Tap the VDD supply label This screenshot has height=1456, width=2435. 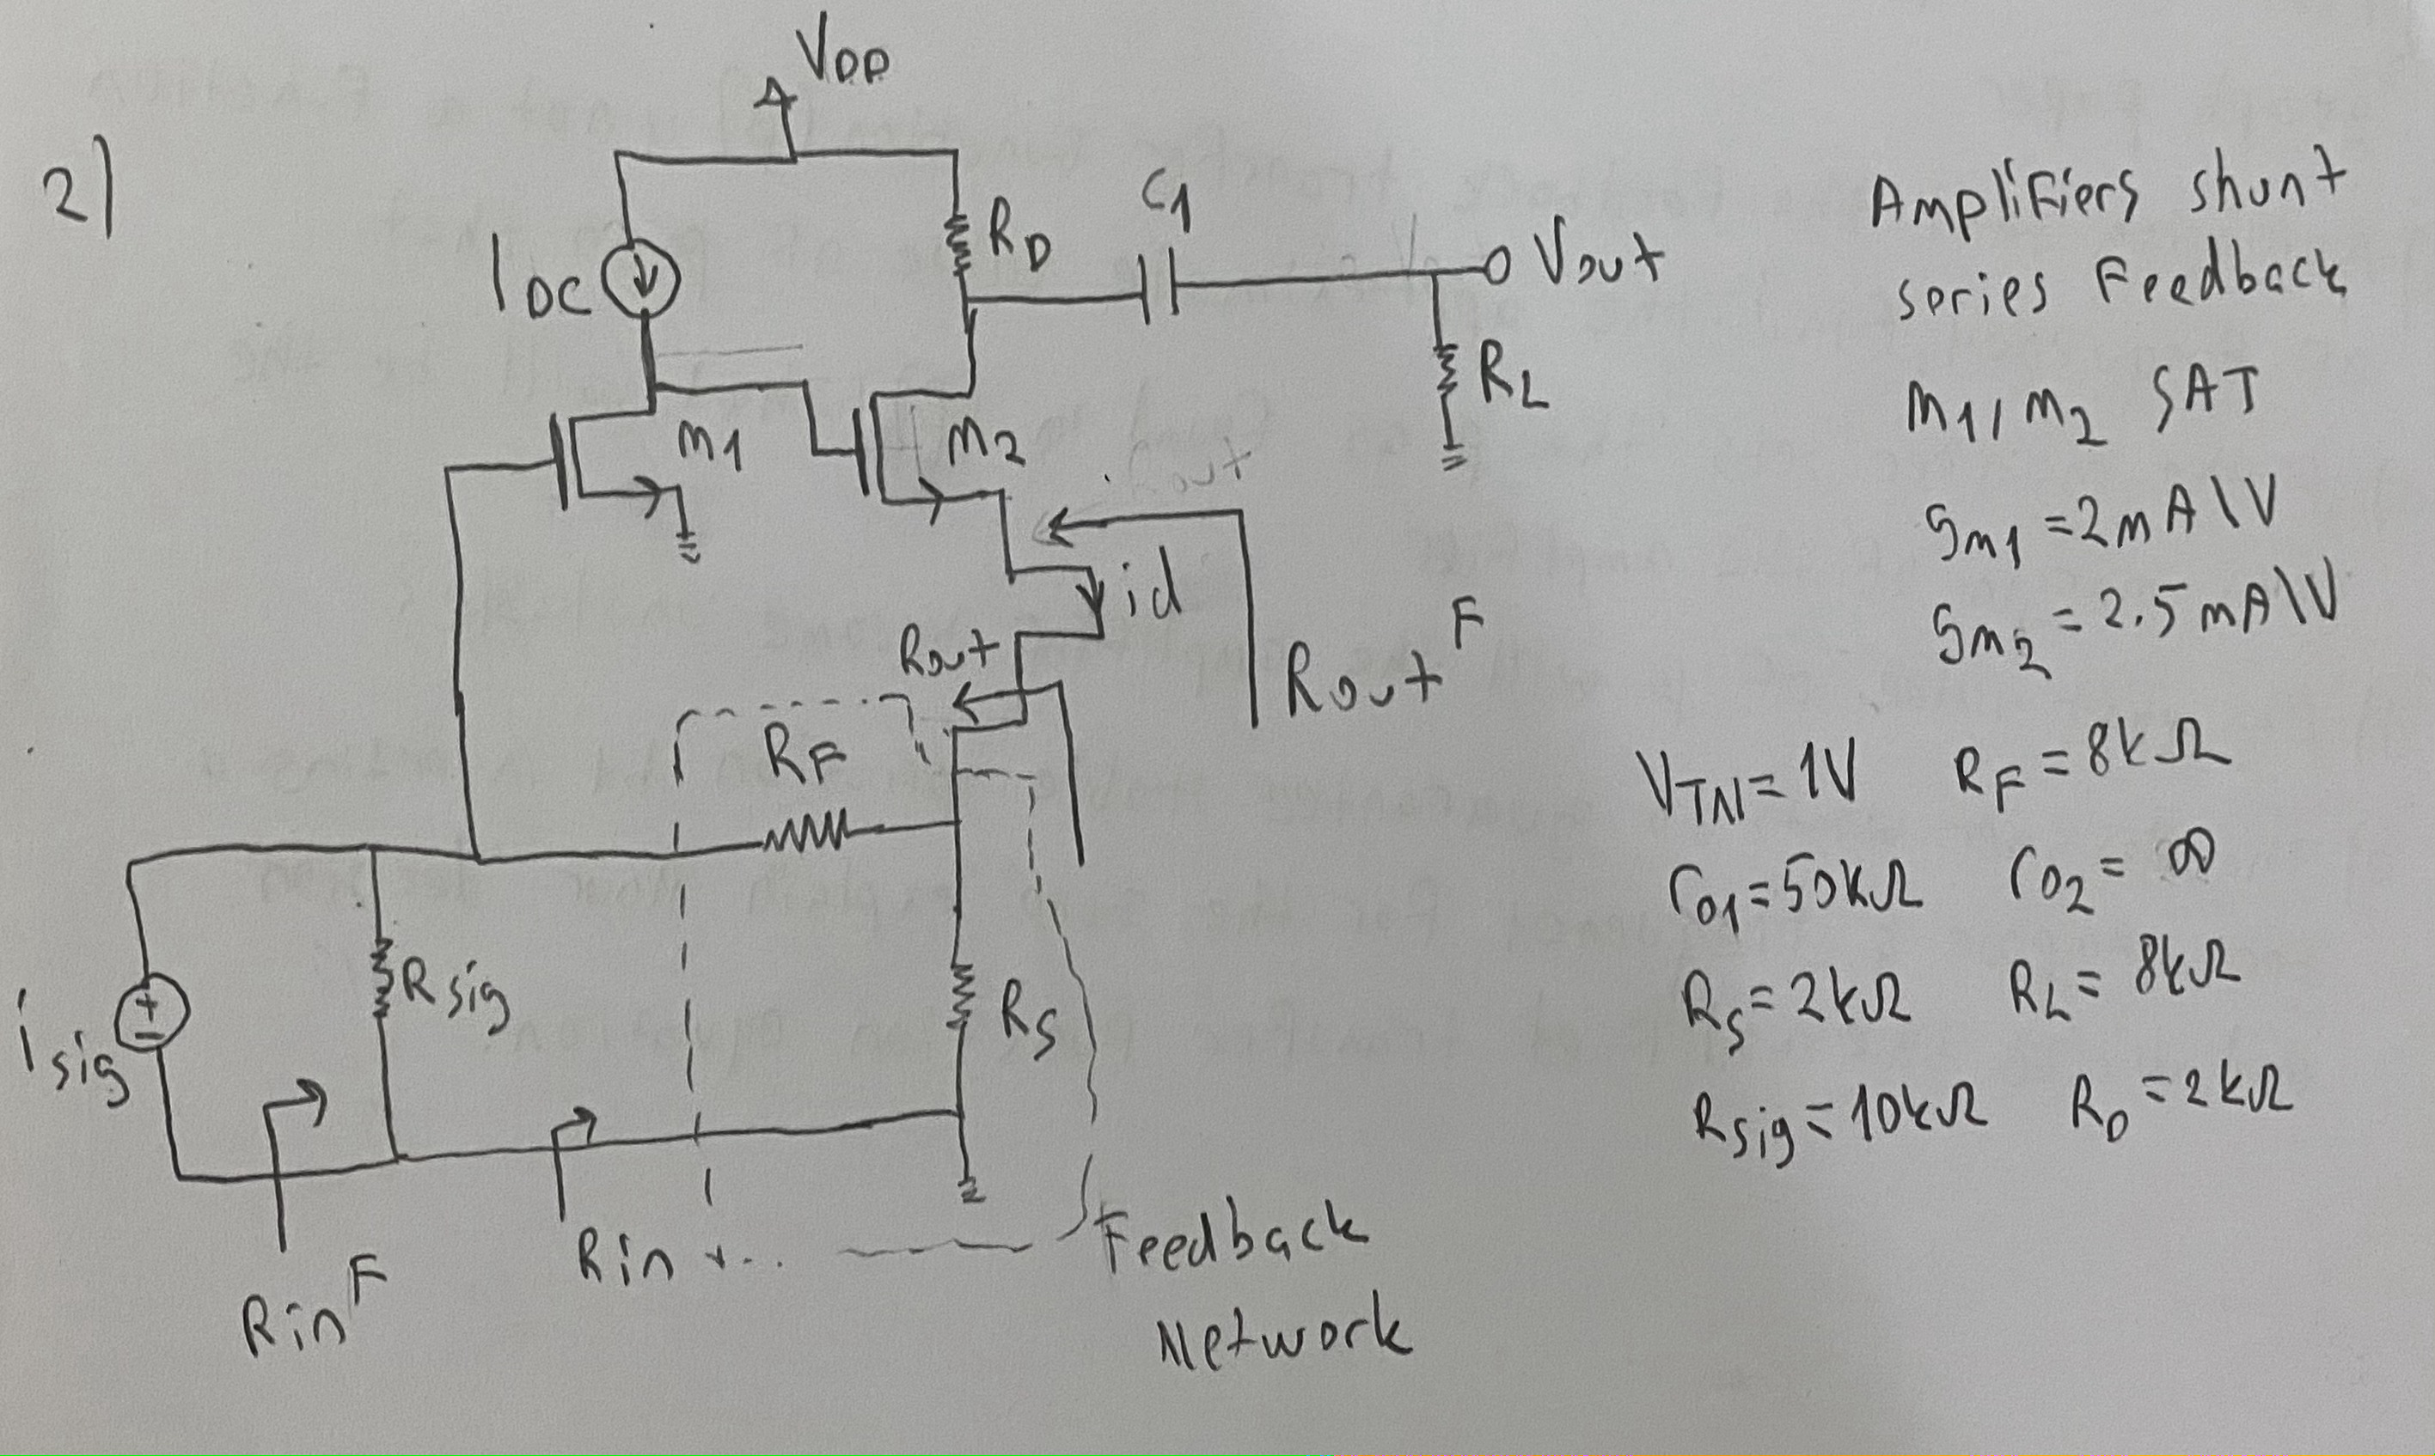click(x=844, y=54)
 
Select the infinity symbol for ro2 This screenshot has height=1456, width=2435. click(x=2185, y=862)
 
